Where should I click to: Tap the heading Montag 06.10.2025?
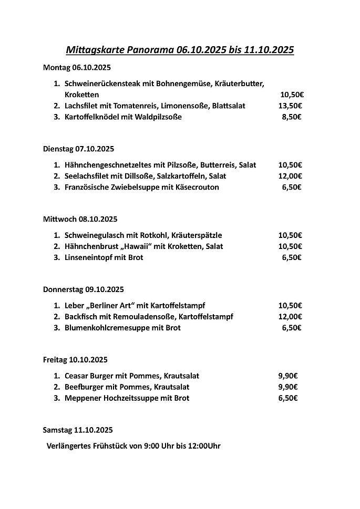(77, 67)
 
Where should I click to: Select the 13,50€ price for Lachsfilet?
(291, 106)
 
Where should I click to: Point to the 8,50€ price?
(292, 117)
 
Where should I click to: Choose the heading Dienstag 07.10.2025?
(78, 149)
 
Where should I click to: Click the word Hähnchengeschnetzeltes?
(106, 165)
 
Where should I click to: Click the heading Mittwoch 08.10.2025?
(80, 219)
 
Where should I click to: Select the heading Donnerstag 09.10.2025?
(83, 289)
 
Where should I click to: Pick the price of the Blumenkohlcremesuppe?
(292, 328)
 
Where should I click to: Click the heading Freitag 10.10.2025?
(75, 360)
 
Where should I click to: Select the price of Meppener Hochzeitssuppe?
(288, 398)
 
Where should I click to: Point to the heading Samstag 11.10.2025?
(77, 430)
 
